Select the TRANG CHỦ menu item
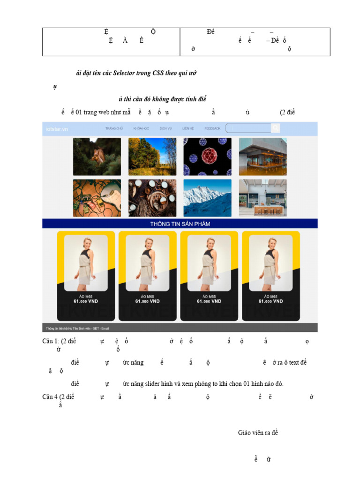(114, 128)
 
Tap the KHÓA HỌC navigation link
(141, 128)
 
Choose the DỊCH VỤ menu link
(165, 128)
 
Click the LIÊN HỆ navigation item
(188, 128)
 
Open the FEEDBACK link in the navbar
(212, 128)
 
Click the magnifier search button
(276, 128)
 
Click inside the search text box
(248, 128)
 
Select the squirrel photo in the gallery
(97, 157)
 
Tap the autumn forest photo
(152, 157)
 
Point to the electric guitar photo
(97, 198)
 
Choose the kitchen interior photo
(263, 198)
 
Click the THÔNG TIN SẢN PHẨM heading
(180, 224)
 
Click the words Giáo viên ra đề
(258, 433)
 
